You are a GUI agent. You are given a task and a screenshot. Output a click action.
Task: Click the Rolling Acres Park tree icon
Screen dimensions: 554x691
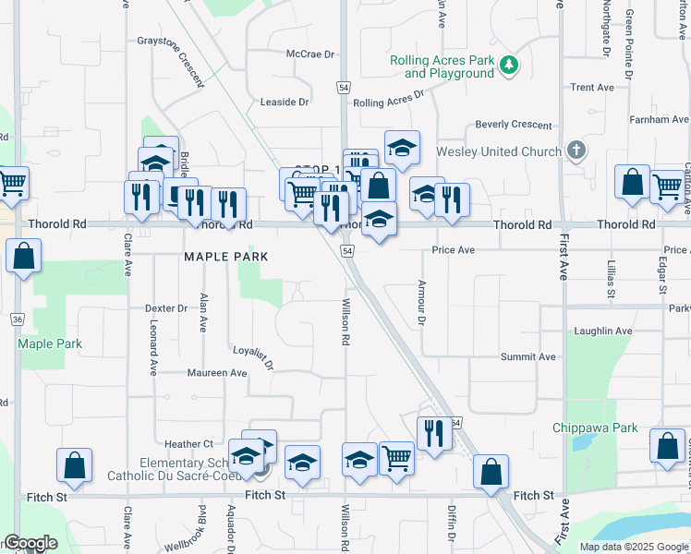click(x=508, y=66)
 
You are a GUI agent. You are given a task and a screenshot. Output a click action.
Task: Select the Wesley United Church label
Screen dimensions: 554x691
click(x=499, y=151)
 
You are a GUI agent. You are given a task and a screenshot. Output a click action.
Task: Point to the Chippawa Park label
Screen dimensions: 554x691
click(x=596, y=428)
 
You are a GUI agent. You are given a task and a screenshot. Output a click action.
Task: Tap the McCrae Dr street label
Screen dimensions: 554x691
click(x=310, y=54)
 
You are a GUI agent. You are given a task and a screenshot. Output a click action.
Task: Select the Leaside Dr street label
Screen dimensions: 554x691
click(x=284, y=102)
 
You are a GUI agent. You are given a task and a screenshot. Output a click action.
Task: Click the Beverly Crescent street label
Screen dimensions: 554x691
click(x=514, y=125)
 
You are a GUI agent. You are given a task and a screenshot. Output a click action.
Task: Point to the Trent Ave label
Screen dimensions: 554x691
click(x=592, y=88)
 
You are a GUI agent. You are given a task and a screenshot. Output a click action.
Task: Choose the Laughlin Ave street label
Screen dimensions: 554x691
click(x=603, y=331)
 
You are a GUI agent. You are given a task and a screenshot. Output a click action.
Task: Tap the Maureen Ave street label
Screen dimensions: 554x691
click(x=217, y=373)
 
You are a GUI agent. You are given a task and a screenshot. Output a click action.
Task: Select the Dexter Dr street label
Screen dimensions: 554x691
click(x=166, y=308)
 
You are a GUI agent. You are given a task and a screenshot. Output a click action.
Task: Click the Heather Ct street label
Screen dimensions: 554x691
click(x=188, y=444)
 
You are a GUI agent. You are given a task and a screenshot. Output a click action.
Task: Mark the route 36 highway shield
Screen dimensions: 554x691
click(x=17, y=319)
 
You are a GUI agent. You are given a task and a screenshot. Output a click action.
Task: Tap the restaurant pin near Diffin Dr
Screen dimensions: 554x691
click(x=433, y=432)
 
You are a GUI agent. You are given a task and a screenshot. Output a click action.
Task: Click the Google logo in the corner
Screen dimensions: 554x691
click(x=30, y=543)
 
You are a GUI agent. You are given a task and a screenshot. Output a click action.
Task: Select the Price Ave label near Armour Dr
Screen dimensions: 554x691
click(x=453, y=250)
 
